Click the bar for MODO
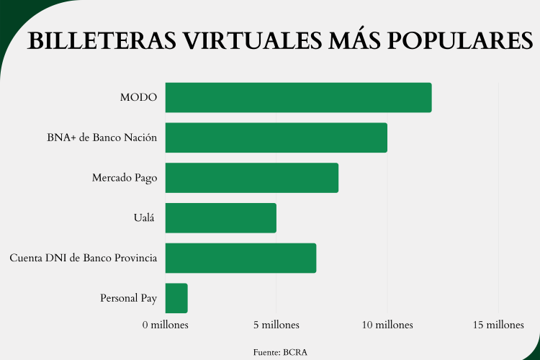[x=298, y=97]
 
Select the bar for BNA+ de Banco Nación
[x=276, y=138]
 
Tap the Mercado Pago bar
[x=251, y=178]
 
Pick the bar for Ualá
[x=220, y=217]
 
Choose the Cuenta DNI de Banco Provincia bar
[x=240, y=258]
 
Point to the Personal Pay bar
[x=176, y=298]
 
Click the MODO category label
[x=138, y=97]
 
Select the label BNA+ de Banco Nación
[x=102, y=138]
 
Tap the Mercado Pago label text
[x=125, y=178]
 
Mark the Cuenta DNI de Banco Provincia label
[x=84, y=258]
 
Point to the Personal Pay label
[x=129, y=298]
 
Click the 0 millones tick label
[x=165, y=325]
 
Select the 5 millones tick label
[x=276, y=325]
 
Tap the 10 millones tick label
[x=387, y=325]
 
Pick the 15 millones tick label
[x=498, y=325]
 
